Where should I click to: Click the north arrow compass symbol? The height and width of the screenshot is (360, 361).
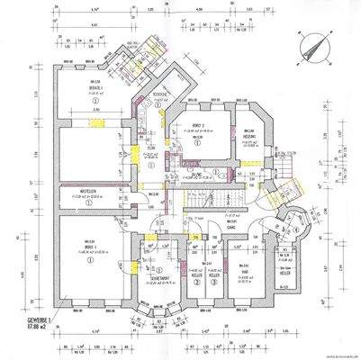[311, 43]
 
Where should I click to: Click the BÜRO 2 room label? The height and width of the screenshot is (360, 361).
[201, 127]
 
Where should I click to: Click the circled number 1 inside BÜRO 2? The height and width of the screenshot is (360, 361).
[201, 141]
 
